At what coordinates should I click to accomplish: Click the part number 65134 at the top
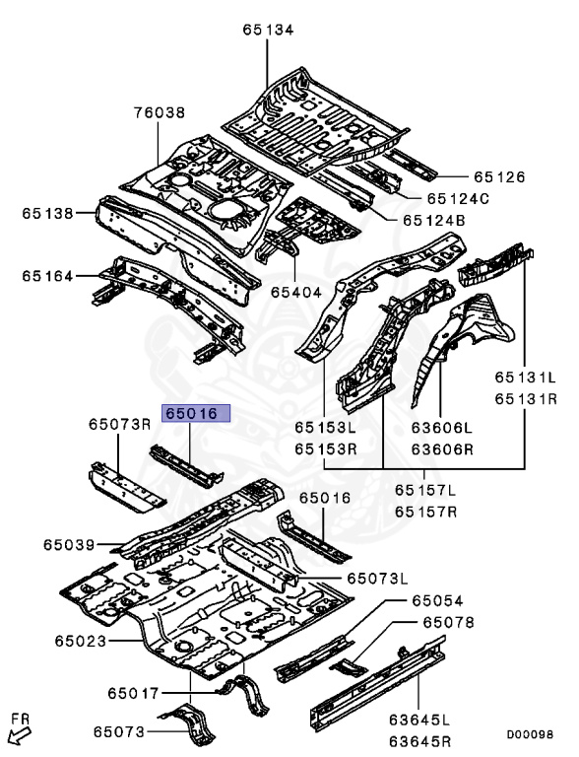[268, 31]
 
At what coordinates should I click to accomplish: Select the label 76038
[160, 113]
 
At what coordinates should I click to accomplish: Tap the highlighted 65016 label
[196, 414]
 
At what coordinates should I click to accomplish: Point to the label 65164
[48, 276]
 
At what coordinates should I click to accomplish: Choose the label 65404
[297, 293]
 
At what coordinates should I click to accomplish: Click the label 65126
[499, 177]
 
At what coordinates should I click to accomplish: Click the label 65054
[437, 600]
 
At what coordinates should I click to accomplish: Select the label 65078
[449, 623]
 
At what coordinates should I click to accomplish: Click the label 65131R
[526, 398]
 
